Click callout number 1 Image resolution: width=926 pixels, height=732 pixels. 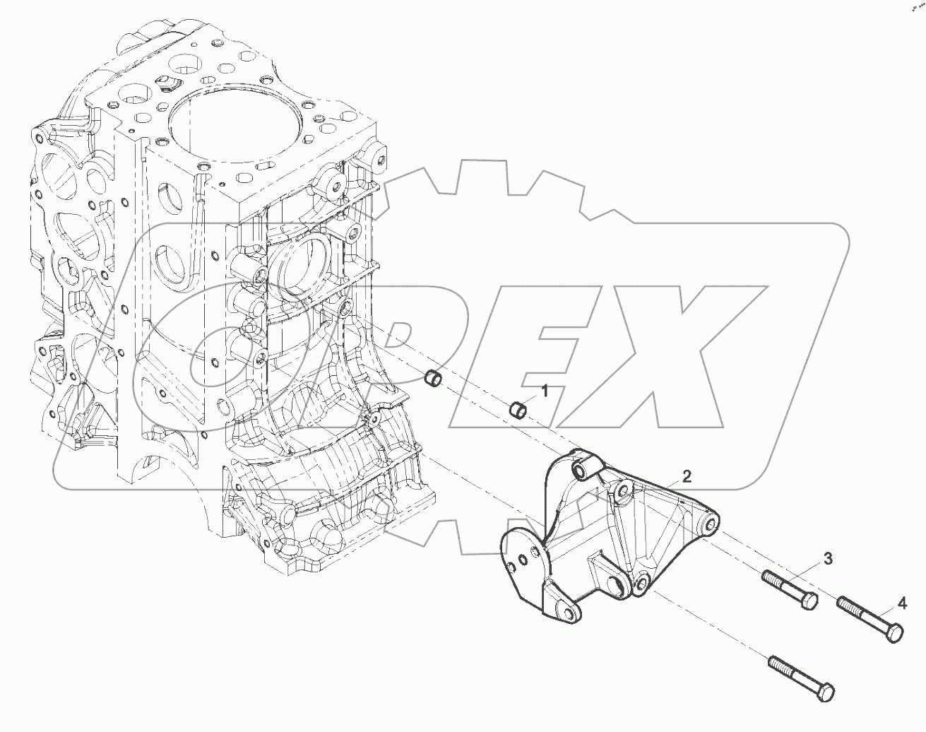[x=545, y=390]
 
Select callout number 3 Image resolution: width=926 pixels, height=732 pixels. [x=827, y=560]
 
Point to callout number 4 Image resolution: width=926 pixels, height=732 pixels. [x=902, y=603]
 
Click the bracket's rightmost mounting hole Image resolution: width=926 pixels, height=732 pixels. [x=711, y=525]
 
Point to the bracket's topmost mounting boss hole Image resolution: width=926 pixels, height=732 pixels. [x=583, y=469]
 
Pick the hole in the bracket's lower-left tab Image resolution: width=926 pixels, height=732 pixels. [x=562, y=610]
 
